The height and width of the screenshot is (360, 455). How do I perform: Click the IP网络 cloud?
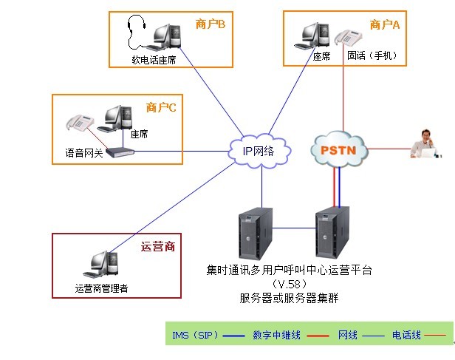pyautogui.click(x=258, y=151)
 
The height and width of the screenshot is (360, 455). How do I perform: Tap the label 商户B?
pyautogui.click(x=210, y=24)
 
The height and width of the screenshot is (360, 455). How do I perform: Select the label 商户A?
pyautogui.click(x=384, y=24)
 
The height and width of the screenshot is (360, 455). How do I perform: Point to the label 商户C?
pyautogui.click(x=161, y=108)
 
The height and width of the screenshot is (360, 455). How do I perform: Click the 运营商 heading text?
pyautogui.click(x=157, y=246)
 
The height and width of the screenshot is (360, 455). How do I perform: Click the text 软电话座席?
pyautogui.click(x=154, y=59)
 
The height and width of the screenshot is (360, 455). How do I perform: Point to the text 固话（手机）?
pyautogui.click(x=372, y=55)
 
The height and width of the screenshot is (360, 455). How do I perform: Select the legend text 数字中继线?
pyautogui.click(x=276, y=336)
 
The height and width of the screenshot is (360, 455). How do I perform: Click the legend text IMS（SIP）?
pyautogui.click(x=195, y=336)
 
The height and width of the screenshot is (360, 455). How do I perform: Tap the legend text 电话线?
pyautogui.click(x=406, y=336)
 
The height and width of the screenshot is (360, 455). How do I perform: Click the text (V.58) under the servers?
pyautogui.click(x=289, y=285)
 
